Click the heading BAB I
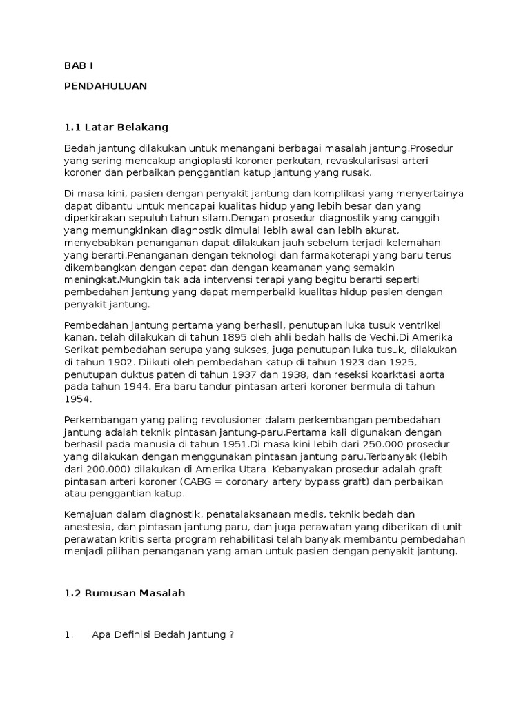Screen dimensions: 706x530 tap(78, 65)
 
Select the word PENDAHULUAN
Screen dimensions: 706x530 tap(106, 85)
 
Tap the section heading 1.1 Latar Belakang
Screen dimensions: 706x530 tap(117, 128)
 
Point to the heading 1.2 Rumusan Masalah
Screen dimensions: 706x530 tap(125, 594)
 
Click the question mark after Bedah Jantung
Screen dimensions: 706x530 tap(231, 635)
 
